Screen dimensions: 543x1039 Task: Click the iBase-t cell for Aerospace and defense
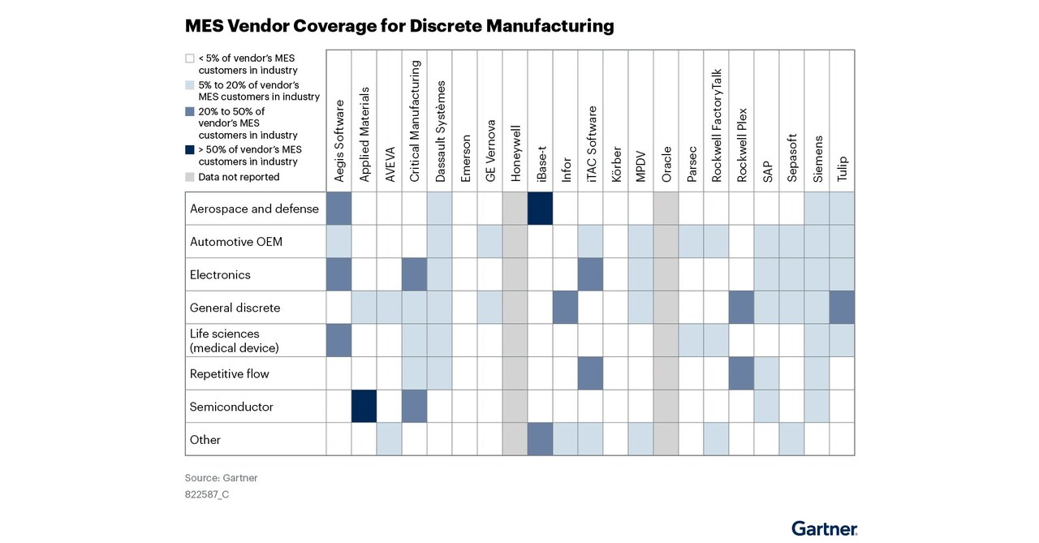pyautogui.click(x=540, y=209)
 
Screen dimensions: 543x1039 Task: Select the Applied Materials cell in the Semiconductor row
pyautogui.click(x=364, y=406)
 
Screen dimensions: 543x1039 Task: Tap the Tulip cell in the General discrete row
pyautogui.click(x=842, y=308)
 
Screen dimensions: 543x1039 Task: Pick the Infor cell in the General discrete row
pyautogui.click(x=565, y=308)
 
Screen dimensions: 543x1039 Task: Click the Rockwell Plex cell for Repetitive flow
pyautogui.click(x=741, y=373)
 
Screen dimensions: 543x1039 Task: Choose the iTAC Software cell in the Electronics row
pyautogui.click(x=590, y=274)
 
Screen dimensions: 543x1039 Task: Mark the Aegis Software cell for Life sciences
pyautogui.click(x=338, y=340)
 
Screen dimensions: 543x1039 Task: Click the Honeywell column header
pyautogui.click(x=515, y=153)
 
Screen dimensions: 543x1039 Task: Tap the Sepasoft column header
pyautogui.click(x=791, y=158)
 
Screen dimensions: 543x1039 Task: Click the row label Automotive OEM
pyautogui.click(x=236, y=242)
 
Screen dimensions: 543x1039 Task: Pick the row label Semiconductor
pyautogui.click(x=231, y=407)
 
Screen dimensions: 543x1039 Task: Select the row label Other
pyautogui.click(x=205, y=439)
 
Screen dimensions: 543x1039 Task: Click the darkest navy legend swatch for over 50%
pyautogui.click(x=190, y=149)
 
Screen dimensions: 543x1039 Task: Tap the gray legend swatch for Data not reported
pyautogui.click(x=190, y=177)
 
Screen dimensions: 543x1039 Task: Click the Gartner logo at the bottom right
pyautogui.click(x=825, y=528)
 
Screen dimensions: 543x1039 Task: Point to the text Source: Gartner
pyautogui.click(x=222, y=478)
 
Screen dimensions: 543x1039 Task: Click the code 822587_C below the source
pyautogui.click(x=207, y=493)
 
